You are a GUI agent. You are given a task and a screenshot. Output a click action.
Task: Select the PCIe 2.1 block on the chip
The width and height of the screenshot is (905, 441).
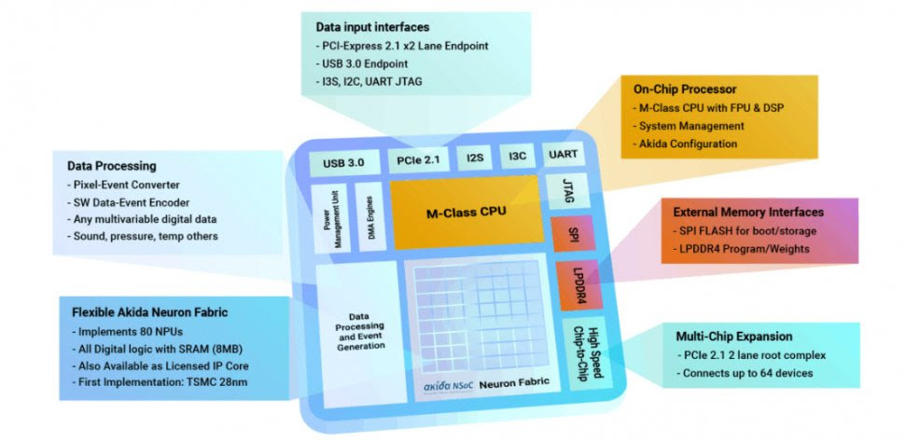(x=417, y=159)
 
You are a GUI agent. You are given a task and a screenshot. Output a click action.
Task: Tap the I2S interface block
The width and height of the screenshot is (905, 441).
(x=474, y=158)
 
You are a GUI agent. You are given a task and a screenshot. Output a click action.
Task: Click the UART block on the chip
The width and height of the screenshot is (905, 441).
(x=564, y=156)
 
